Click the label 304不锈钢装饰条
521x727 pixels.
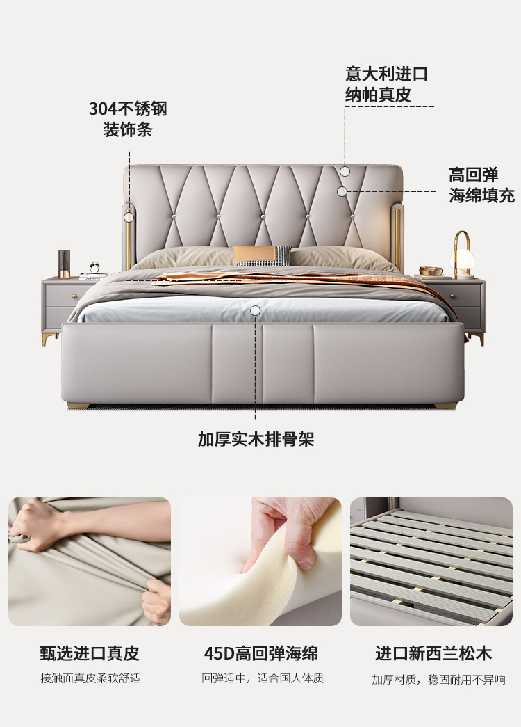point(128,119)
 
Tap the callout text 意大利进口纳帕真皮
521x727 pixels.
point(386,84)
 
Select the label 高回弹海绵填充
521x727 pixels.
point(481,185)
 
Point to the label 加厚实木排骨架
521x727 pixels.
point(256,438)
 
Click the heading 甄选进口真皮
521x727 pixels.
point(90,653)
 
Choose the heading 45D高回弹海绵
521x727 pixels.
point(260,653)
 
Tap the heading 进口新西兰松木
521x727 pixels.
point(433,653)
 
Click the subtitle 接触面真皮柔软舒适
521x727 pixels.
point(90,678)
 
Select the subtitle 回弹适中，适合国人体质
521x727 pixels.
point(262,678)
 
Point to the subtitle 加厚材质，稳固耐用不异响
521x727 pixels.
point(438,680)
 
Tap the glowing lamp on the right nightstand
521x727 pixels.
point(462,255)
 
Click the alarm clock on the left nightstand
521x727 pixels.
point(95,267)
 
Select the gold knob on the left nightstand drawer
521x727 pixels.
point(74,296)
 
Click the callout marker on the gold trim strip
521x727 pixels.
point(129,216)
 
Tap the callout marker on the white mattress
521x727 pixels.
point(255,311)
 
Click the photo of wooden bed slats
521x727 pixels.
point(431,561)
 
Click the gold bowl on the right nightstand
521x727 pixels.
point(431,271)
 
